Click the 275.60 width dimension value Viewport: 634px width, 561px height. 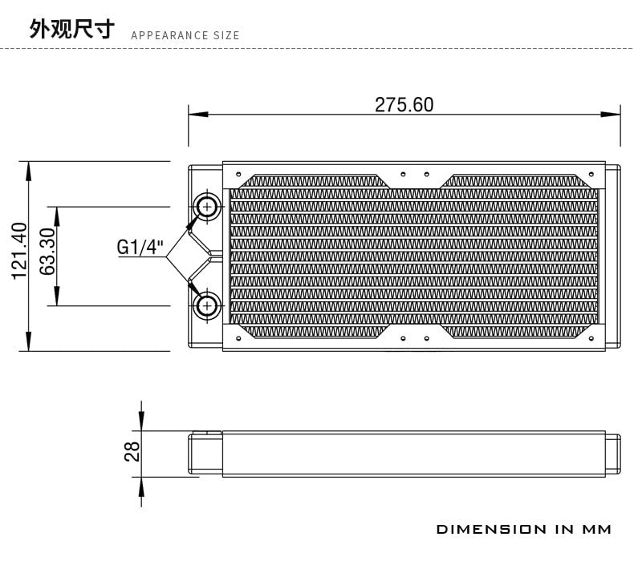point(404,105)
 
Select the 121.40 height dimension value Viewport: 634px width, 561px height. point(19,251)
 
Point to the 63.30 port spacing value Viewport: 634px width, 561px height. point(47,252)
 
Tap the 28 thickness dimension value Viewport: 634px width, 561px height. point(132,451)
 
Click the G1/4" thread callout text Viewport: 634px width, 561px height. point(140,247)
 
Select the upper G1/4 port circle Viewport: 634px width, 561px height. point(207,207)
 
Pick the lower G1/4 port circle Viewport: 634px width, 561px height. point(207,305)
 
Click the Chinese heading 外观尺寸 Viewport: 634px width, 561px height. point(72,28)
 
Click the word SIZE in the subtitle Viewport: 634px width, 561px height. point(226,35)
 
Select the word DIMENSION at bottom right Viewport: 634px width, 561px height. point(491,529)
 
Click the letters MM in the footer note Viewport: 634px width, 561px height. point(596,529)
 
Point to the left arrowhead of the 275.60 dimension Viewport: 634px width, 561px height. point(198,115)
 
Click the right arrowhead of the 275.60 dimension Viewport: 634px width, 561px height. point(610,115)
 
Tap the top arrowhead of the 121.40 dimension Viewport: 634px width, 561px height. point(28,172)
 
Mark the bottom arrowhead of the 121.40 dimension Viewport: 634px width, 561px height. point(28,341)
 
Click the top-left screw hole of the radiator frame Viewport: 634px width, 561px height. point(238,174)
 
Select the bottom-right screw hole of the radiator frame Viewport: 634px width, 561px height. point(591,338)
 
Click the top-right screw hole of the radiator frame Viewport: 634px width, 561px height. point(591,174)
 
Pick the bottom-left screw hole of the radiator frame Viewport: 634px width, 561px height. point(238,338)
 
